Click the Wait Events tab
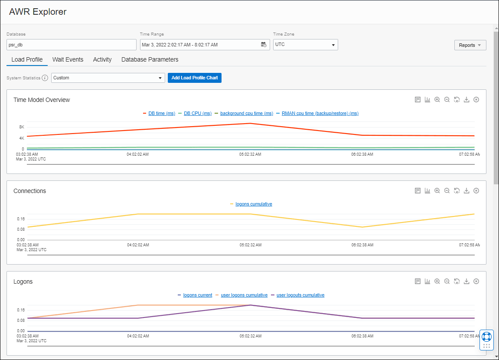click(x=68, y=59)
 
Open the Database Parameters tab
click(x=150, y=59)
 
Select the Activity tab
click(x=102, y=59)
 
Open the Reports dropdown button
click(x=470, y=45)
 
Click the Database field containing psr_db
click(x=72, y=45)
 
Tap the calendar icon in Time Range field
click(x=264, y=45)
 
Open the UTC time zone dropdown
click(x=305, y=45)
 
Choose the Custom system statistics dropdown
click(x=108, y=78)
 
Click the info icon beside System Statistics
click(x=45, y=78)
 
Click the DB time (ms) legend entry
click(x=161, y=114)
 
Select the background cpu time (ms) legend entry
click(x=246, y=114)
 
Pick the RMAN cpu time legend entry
click(x=320, y=114)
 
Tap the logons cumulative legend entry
click(x=254, y=204)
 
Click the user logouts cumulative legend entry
click(x=300, y=295)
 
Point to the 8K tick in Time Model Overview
click(x=22, y=127)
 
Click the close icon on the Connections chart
click(x=476, y=191)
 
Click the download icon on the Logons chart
click(x=466, y=281)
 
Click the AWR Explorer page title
click(x=38, y=12)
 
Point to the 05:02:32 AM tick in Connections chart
click(x=251, y=245)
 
